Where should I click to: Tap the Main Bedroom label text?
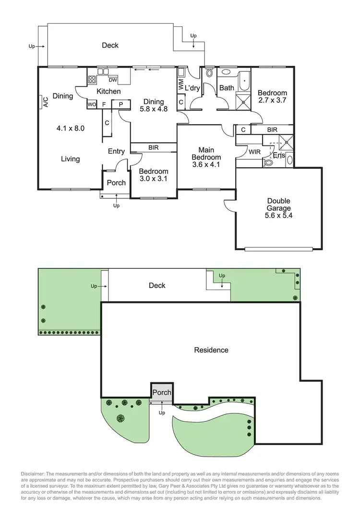(206, 153)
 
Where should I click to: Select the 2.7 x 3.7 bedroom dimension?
(272, 101)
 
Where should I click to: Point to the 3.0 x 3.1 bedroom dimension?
(154, 179)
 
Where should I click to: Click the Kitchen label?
(108, 91)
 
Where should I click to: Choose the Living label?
(70, 159)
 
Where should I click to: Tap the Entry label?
(116, 151)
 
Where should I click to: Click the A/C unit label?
(46, 102)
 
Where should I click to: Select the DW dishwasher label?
(113, 80)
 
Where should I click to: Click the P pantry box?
(121, 104)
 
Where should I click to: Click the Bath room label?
(227, 88)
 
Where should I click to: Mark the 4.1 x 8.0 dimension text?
(70, 128)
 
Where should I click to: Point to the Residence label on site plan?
(211, 350)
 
